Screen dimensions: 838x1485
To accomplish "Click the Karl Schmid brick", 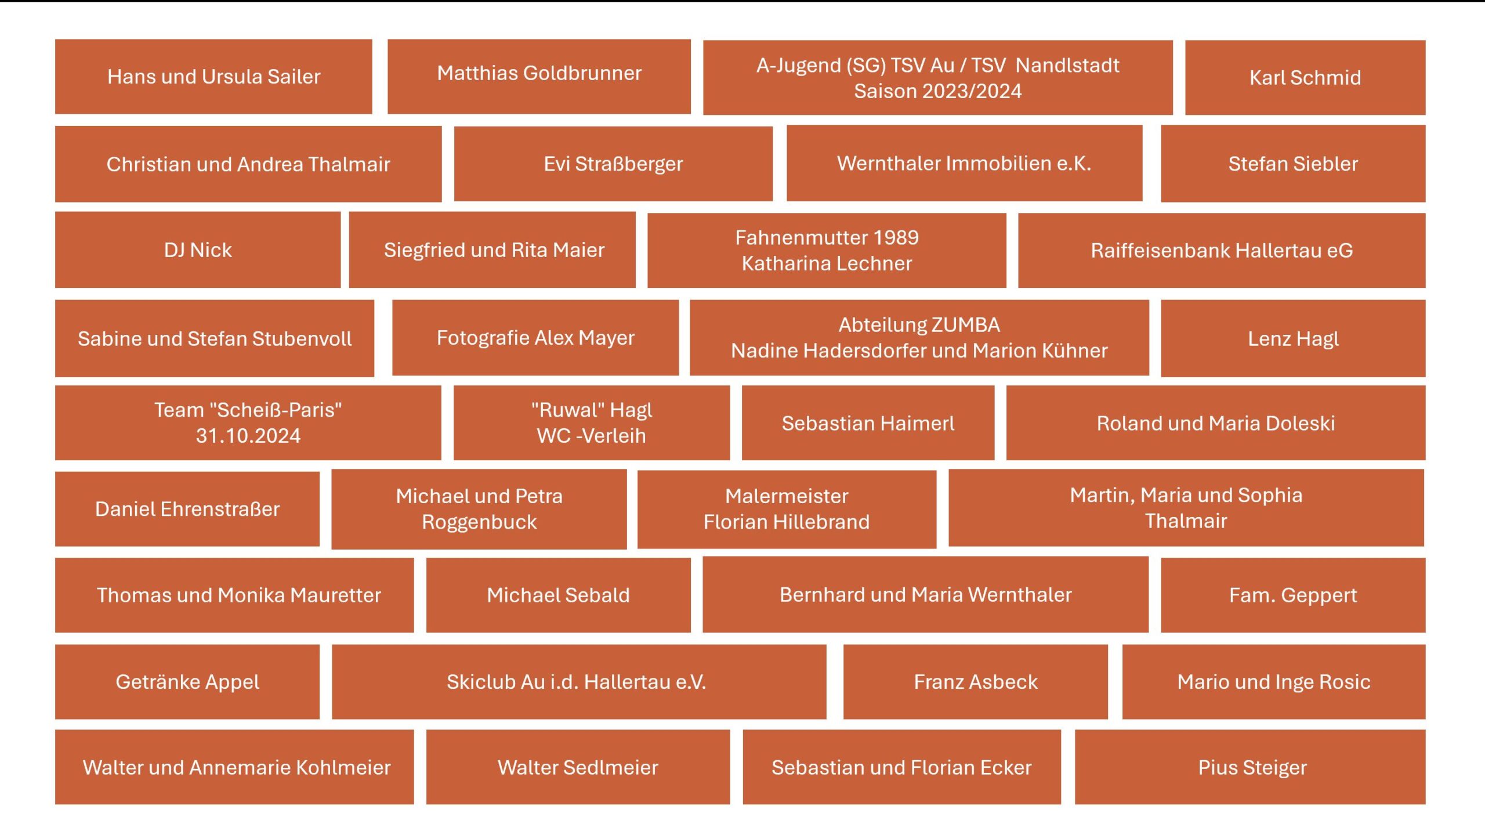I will pyautogui.click(x=1305, y=78).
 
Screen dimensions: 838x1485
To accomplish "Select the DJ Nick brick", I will pyautogui.click(x=198, y=250).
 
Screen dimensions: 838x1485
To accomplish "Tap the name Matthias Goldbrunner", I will pyautogui.click(x=539, y=73).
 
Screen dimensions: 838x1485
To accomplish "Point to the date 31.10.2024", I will pyautogui.click(x=248, y=436).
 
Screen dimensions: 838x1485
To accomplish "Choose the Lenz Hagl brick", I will pyautogui.click(x=1293, y=338).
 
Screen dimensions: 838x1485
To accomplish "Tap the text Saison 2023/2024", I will pyautogui.click(x=937, y=91).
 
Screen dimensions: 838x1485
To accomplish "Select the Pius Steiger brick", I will pyautogui.click(x=1252, y=767).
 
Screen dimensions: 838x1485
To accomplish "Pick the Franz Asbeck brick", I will pyautogui.click(x=976, y=682).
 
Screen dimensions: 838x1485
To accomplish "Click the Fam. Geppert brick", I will pyautogui.click(x=1293, y=595).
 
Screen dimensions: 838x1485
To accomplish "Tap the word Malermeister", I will pyautogui.click(x=787, y=496).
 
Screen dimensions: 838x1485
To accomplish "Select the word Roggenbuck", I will pyautogui.click(x=479, y=522).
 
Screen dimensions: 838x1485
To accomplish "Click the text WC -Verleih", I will pyautogui.click(x=591, y=436).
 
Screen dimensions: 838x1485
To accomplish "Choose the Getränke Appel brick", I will pyautogui.click(x=187, y=682).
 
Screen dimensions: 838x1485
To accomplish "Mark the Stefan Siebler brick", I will pyautogui.click(x=1293, y=164).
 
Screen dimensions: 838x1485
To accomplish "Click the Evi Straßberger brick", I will pyautogui.click(x=613, y=164).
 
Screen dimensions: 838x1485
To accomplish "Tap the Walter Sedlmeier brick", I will pyautogui.click(x=578, y=767).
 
